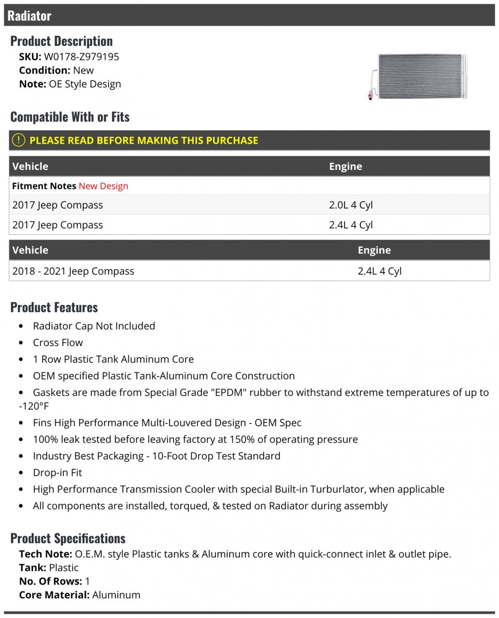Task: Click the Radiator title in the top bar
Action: point(29,16)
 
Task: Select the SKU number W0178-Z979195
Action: point(81,57)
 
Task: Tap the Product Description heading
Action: point(61,41)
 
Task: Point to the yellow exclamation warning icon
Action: point(18,140)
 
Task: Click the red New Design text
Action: point(104,186)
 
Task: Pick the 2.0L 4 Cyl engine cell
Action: point(351,205)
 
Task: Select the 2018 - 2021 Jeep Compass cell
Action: point(73,271)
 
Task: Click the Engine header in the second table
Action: point(374,250)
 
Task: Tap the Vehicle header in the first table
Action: point(30,166)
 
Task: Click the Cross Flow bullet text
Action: point(58,342)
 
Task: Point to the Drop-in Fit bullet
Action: point(57,472)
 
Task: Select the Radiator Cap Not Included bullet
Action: point(94,326)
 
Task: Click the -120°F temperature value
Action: point(35,406)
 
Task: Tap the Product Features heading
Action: point(54,307)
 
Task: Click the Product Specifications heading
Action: point(68,538)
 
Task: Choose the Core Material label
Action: point(54,595)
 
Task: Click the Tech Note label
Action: point(45,554)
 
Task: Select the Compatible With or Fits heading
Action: point(70,117)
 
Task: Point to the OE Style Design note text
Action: point(85,84)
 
